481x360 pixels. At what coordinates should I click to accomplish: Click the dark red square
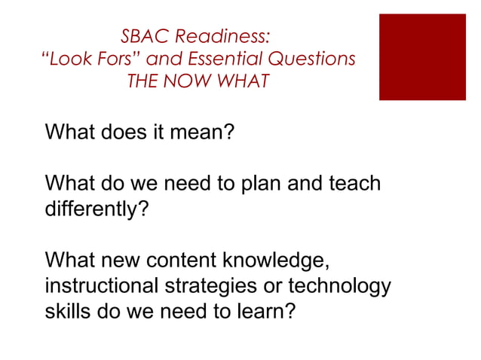click(x=422, y=56)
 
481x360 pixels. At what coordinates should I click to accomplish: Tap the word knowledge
click(x=275, y=263)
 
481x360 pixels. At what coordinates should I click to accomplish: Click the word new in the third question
click(x=121, y=263)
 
